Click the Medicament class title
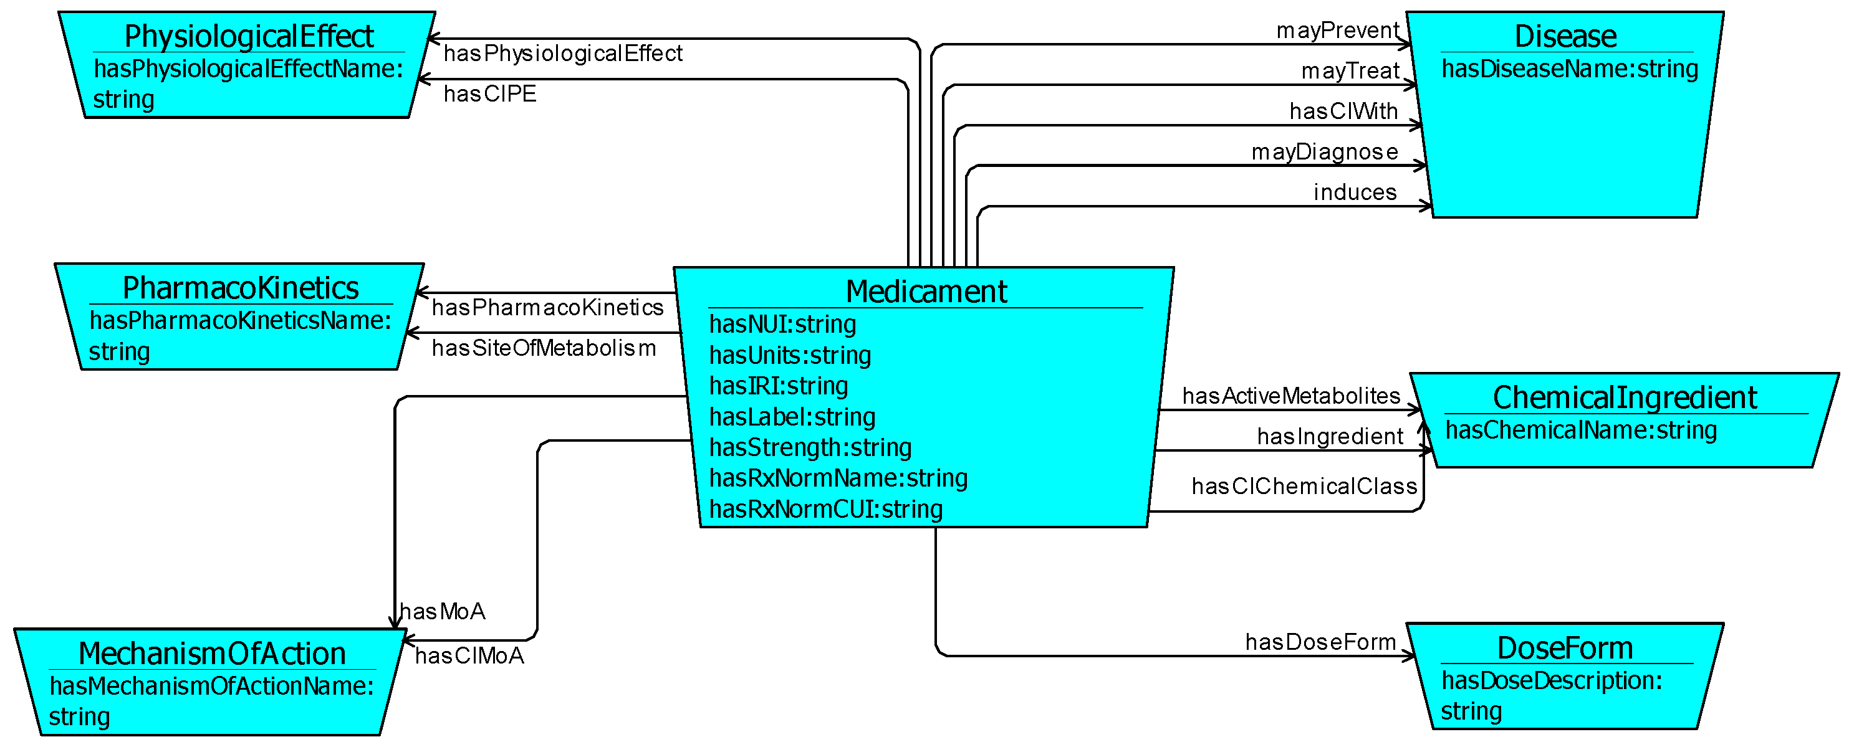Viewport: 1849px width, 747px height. (926, 292)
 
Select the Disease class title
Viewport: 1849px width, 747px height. (1565, 36)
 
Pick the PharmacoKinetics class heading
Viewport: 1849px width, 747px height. (241, 288)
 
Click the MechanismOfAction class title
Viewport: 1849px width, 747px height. (212, 654)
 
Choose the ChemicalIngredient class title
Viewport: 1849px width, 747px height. (1625, 397)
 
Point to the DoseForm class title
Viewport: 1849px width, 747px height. (1565, 648)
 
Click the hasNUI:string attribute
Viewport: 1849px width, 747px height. (782, 325)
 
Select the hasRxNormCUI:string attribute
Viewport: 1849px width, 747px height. (825, 509)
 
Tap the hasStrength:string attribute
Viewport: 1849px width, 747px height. (810, 447)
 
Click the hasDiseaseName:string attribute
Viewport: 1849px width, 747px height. (1570, 69)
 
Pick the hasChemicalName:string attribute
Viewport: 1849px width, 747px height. (1580, 430)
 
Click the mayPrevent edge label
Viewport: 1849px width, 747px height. (1337, 30)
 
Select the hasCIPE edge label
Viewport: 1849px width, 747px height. (489, 93)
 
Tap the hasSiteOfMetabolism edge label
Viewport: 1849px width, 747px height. (544, 348)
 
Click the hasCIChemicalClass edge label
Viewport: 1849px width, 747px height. (1304, 486)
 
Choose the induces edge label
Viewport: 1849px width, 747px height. (1355, 192)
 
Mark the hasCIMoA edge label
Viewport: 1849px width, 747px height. (469, 656)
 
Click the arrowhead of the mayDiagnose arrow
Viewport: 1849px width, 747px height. (1423, 166)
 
